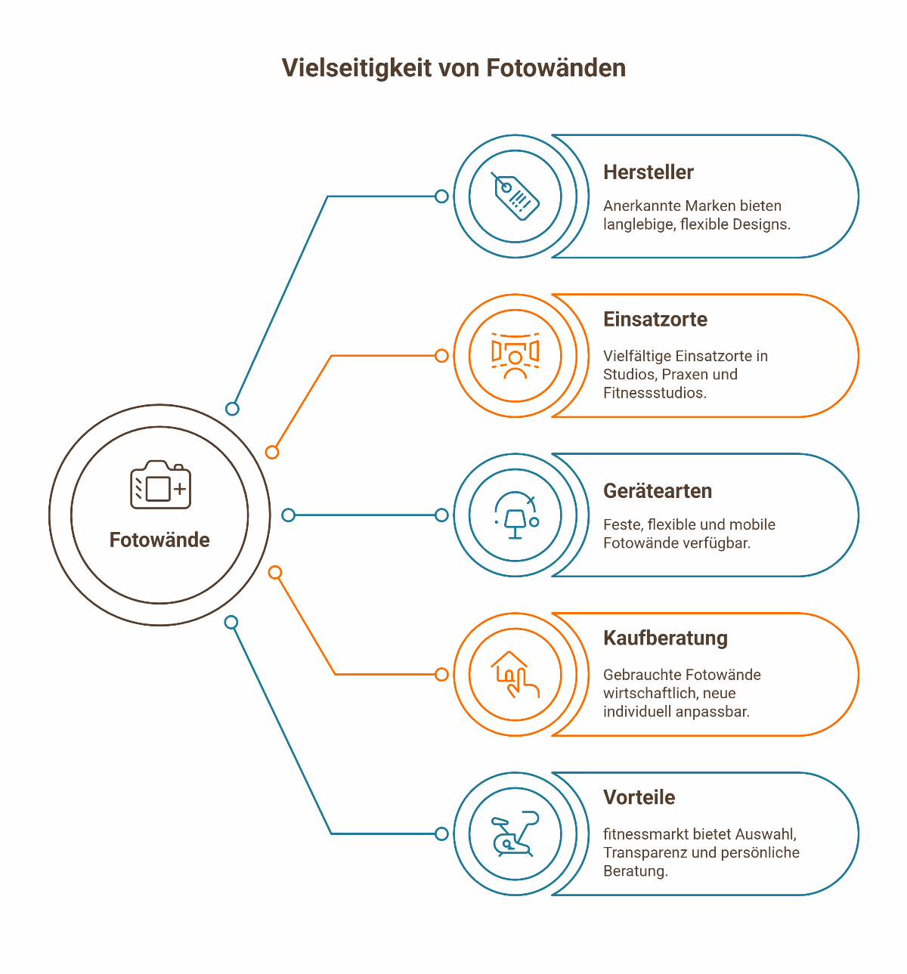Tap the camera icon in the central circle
click(x=160, y=485)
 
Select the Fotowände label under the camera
click(x=159, y=540)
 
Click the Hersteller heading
click(x=648, y=172)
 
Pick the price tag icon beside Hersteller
click(x=515, y=196)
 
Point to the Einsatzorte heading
click(x=655, y=320)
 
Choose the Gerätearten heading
click(x=658, y=491)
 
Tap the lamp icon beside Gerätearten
click(x=515, y=516)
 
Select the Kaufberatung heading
click(x=665, y=639)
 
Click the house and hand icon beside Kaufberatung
click(x=515, y=675)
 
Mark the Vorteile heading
click(x=639, y=798)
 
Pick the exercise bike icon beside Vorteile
click(x=515, y=834)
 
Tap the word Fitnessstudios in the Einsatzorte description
click(x=655, y=393)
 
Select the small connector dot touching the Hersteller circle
click(x=442, y=196)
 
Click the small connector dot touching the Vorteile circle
click(x=442, y=834)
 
